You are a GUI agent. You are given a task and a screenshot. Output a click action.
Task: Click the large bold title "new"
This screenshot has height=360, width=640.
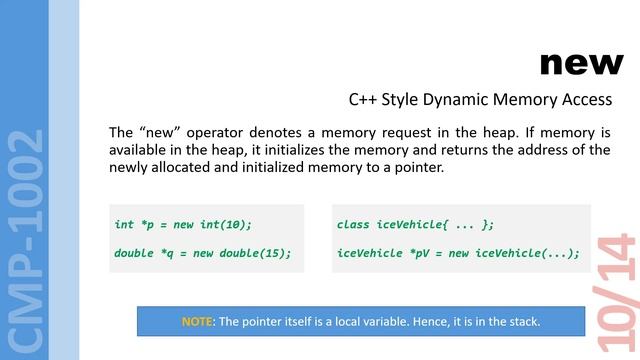(x=581, y=63)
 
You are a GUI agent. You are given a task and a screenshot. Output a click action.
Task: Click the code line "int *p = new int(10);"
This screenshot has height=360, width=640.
(x=183, y=224)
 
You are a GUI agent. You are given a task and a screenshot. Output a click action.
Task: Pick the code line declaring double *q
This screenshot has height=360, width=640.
(x=202, y=252)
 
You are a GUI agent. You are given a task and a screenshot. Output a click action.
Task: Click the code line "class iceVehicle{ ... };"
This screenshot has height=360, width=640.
(x=415, y=224)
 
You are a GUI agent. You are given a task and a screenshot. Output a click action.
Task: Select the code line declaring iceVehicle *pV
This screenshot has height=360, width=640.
(x=458, y=252)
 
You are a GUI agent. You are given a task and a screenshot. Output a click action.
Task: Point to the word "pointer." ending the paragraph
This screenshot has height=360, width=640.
(x=416, y=167)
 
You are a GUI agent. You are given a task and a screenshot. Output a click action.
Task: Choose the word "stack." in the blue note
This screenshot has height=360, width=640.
(x=523, y=321)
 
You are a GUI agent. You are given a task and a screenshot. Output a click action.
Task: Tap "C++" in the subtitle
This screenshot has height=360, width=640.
(x=362, y=100)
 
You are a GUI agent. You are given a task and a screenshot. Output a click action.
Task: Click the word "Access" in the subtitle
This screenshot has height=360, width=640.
(x=588, y=100)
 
